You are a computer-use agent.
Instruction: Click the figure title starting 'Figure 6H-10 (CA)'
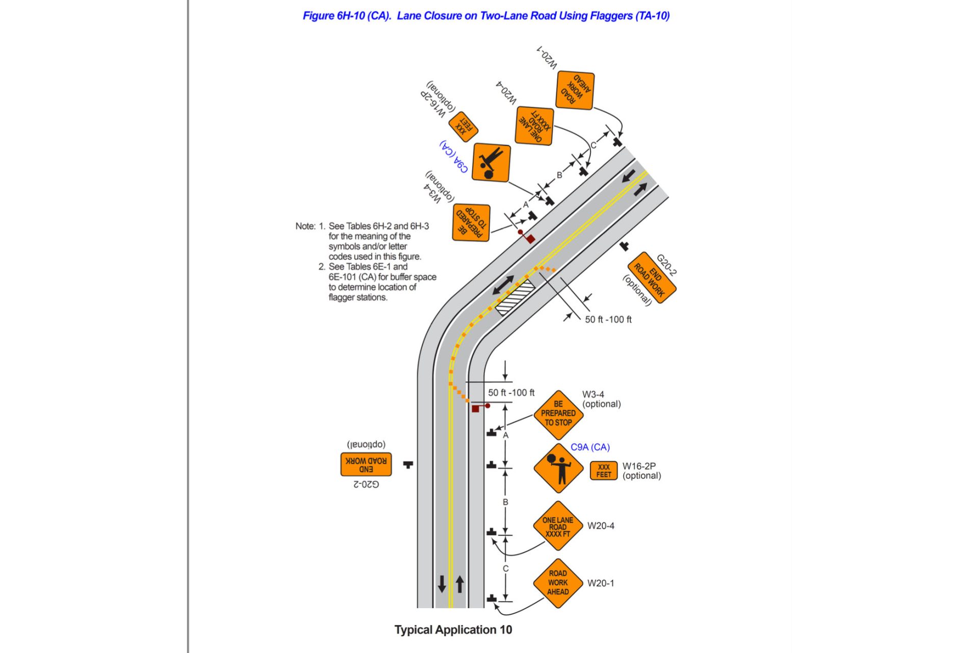(x=485, y=16)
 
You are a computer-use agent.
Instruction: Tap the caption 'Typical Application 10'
(x=453, y=630)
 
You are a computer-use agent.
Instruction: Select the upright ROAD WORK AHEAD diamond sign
(x=558, y=583)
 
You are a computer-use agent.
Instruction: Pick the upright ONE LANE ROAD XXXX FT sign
(x=558, y=526)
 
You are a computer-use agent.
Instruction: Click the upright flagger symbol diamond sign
(x=558, y=468)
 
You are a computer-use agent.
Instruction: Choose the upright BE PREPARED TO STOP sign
(x=558, y=414)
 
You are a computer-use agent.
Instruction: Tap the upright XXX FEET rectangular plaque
(x=604, y=470)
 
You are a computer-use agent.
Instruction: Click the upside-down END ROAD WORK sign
(x=366, y=464)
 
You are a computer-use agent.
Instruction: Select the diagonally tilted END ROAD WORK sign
(x=652, y=278)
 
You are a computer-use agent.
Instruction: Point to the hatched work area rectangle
(x=516, y=297)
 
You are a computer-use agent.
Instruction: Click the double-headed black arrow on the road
(x=503, y=285)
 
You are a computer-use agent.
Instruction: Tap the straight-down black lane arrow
(x=442, y=584)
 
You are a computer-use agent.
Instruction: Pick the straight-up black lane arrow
(x=460, y=584)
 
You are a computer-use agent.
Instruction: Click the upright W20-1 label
(x=601, y=583)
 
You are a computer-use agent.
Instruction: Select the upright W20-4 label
(x=601, y=525)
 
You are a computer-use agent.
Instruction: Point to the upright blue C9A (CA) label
(x=590, y=447)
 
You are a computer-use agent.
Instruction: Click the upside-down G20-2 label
(x=366, y=484)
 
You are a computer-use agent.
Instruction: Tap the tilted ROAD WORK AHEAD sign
(x=575, y=90)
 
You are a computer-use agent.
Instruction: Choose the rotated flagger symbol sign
(x=491, y=163)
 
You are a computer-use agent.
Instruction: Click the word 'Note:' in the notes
(x=305, y=226)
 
